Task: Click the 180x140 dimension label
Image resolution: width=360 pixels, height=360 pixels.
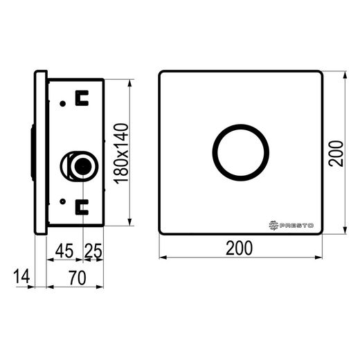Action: (122, 154)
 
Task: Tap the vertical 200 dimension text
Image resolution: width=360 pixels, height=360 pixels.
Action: (336, 154)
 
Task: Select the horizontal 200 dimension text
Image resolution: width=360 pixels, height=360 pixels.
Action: (240, 248)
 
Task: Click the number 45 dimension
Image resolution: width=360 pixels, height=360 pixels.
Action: (64, 251)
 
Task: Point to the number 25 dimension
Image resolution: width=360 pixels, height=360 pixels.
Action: (93, 251)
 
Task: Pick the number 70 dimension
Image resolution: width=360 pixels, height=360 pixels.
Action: (77, 278)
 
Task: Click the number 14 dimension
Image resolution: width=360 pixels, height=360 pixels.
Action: (21, 276)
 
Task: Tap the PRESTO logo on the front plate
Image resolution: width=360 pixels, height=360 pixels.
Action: (291, 225)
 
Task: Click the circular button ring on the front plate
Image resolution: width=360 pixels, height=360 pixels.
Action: (241, 125)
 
